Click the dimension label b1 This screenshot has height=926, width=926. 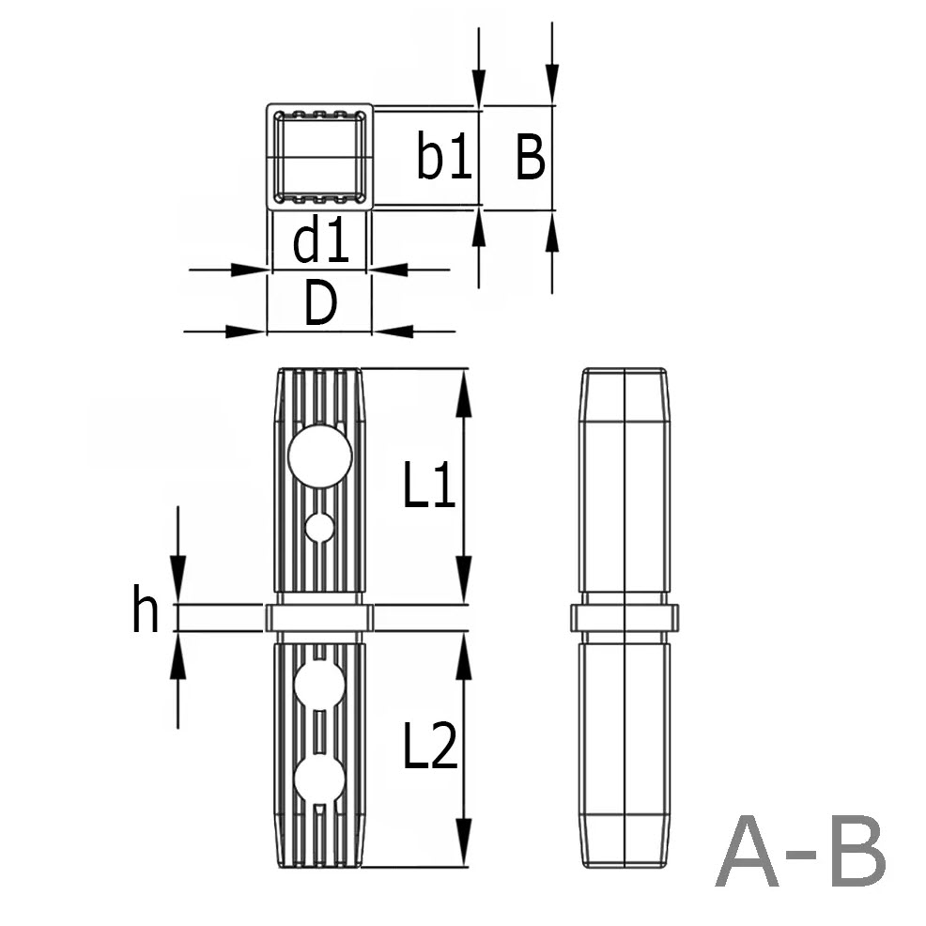(444, 159)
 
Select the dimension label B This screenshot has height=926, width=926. (530, 158)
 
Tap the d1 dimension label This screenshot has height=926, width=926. (321, 242)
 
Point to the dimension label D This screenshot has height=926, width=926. (320, 304)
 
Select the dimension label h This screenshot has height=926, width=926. (146, 612)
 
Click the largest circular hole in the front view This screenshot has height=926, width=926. (320, 455)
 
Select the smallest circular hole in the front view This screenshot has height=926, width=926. (319, 528)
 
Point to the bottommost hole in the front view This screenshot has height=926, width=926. (319, 779)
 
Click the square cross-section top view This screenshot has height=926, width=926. (319, 157)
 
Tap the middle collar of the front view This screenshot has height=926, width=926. (319, 617)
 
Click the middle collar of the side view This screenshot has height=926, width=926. (625, 617)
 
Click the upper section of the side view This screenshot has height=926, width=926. (625, 479)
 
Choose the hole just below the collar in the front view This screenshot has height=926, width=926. (319, 685)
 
